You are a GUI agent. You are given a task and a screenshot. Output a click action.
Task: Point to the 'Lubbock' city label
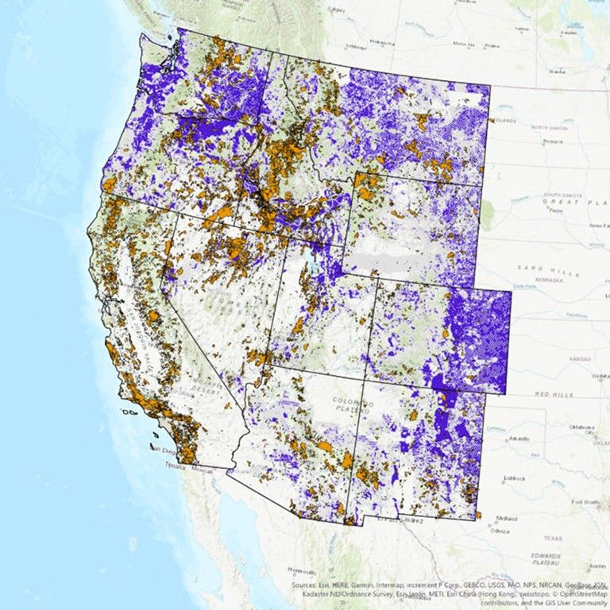pos(515,479)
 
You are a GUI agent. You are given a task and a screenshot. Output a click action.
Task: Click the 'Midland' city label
pos(507,519)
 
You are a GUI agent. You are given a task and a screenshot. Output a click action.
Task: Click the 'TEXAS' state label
pos(553,538)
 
